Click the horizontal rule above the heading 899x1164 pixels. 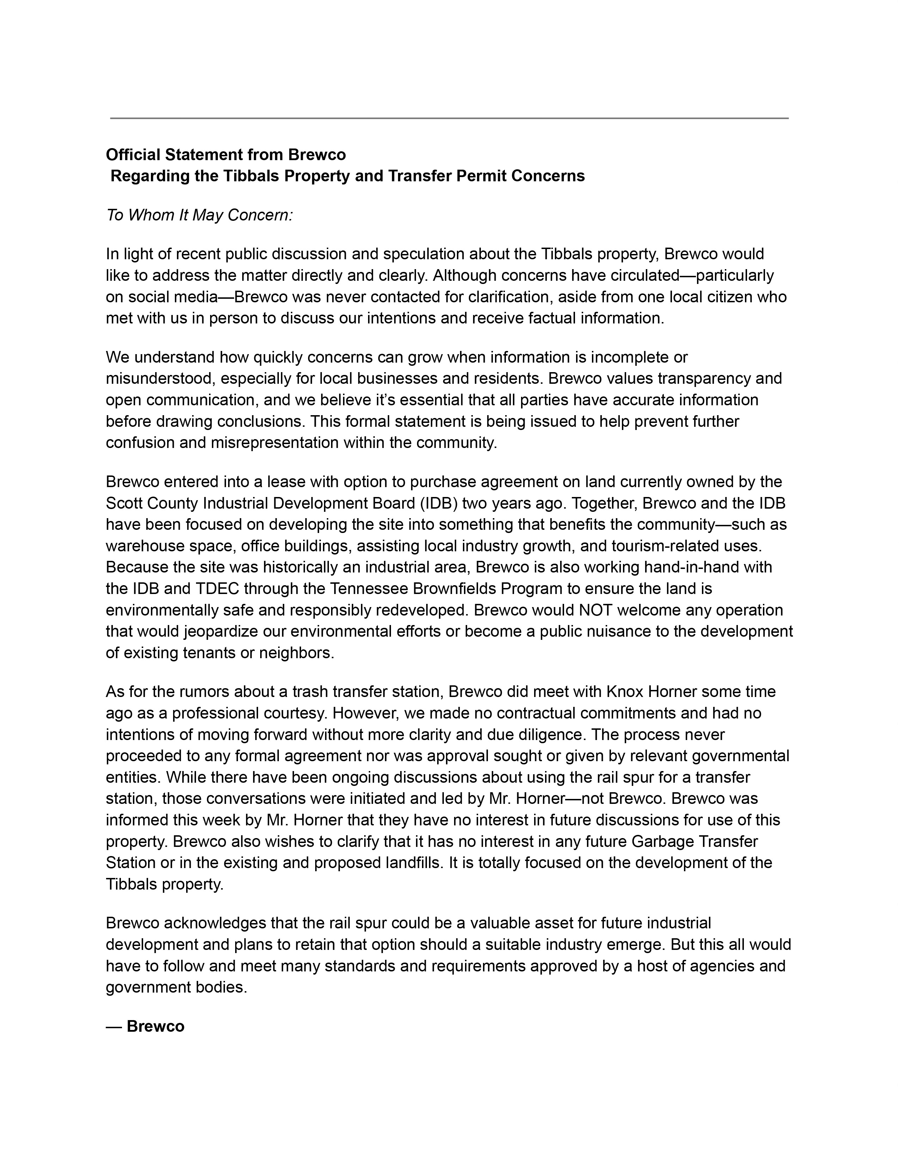click(449, 118)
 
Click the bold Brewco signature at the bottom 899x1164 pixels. click(155, 1026)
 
